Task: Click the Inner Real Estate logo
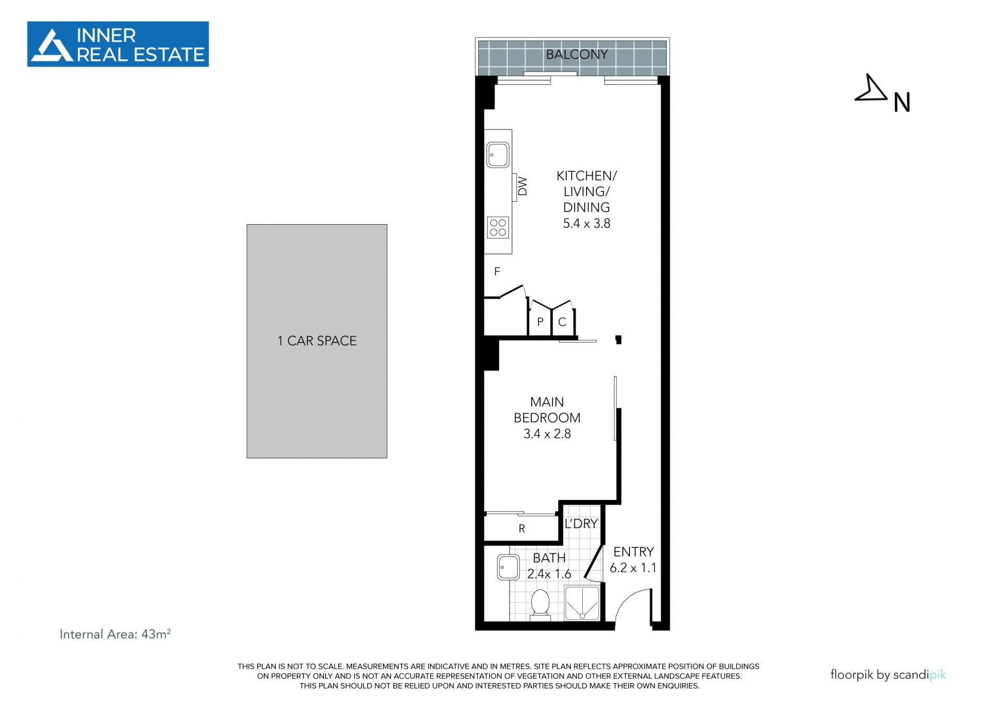pos(118,44)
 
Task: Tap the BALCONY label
pos(577,54)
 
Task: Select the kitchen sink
pos(498,155)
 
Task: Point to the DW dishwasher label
pos(522,186)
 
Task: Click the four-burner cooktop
pos(498,228)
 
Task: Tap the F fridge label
pos(497,272)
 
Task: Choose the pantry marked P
pos(540,322)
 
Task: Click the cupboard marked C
pos(562,322)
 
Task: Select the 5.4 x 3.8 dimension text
pos(586,224)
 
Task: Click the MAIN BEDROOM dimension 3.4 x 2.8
pos(547,434)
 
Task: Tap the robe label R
pos(522,529)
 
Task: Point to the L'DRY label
pos(581,523)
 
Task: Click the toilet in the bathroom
pos(540,605)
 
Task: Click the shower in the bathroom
pos(582,603)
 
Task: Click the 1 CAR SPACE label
pos(317,341)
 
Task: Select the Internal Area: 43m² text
pos(115,634)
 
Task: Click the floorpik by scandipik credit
pos(888,675)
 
